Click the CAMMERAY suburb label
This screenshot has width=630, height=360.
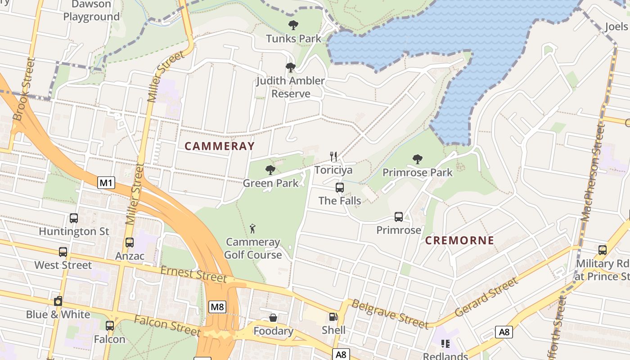tap(220, 146)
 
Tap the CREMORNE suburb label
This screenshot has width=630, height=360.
tap(459, 240)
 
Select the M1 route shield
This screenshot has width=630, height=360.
tap(106, 183)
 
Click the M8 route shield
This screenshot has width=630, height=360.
tap(217, 307)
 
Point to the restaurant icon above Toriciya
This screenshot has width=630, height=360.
tap(333, 157)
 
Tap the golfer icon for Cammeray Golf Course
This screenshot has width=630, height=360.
tap(253, 229)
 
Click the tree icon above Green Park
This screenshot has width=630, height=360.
tap(270, 170)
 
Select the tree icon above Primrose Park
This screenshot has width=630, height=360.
tap(418, 159)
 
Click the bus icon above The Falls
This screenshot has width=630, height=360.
tap(340, 187)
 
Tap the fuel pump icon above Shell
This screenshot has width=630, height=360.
tap(333, 317)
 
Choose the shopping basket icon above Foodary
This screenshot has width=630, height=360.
tap(273, 318)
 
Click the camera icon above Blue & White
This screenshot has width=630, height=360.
tap(58, 301)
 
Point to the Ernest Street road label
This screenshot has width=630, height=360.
tap(193, 274)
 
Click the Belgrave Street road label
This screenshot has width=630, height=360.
tap(390, 314)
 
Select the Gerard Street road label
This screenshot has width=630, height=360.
tap(486, 297)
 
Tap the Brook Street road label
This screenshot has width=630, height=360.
tap(24, 89)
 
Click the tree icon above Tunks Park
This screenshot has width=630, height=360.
tap(293, 25)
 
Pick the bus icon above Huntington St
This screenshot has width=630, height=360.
tap(74, 218)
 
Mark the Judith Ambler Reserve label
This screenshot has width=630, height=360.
tap(291, 87)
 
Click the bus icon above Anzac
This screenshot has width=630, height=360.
tap(130, 243)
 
